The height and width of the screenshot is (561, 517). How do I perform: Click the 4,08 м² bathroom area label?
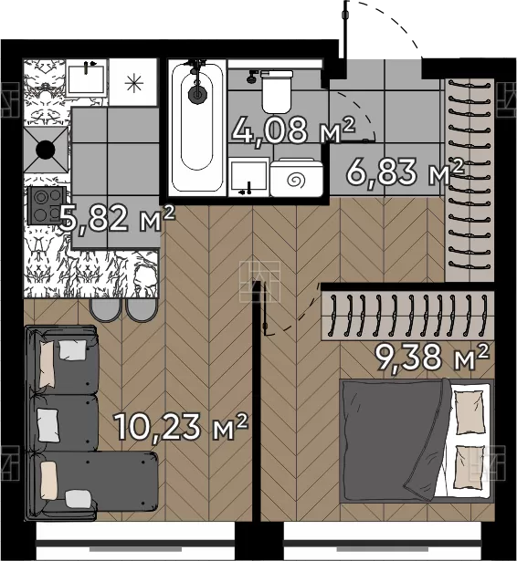pos(293,130)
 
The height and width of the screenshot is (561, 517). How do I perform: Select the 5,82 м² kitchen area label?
pos(117,218)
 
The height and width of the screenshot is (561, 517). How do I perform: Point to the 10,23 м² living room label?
pos(181,427)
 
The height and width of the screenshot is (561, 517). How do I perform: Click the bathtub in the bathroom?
pos(197,128)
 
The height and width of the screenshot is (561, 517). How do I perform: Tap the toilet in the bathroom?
pos(276,91)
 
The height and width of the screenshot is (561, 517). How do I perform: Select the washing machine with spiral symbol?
pos(296,178)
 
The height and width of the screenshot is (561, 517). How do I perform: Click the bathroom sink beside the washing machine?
pos(248,177)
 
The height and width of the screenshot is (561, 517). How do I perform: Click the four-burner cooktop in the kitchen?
pos(47,206)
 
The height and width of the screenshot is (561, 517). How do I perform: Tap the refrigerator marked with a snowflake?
pos(133,82)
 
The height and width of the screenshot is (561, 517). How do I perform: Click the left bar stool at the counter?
pos(105,309)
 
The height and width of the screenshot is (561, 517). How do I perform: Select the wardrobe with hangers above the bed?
pos(407,316)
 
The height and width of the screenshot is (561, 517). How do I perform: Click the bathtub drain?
pos(197,94)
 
